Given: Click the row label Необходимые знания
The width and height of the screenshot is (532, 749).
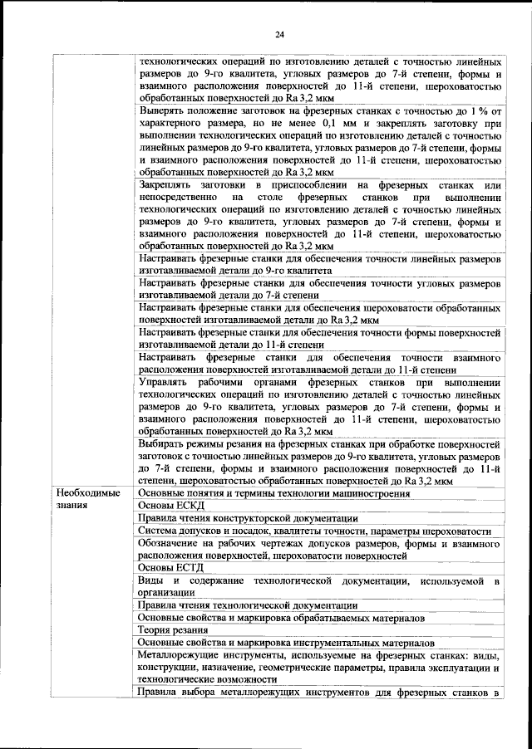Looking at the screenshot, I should point(86,499).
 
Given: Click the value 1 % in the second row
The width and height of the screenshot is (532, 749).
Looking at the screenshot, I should point(481,110).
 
